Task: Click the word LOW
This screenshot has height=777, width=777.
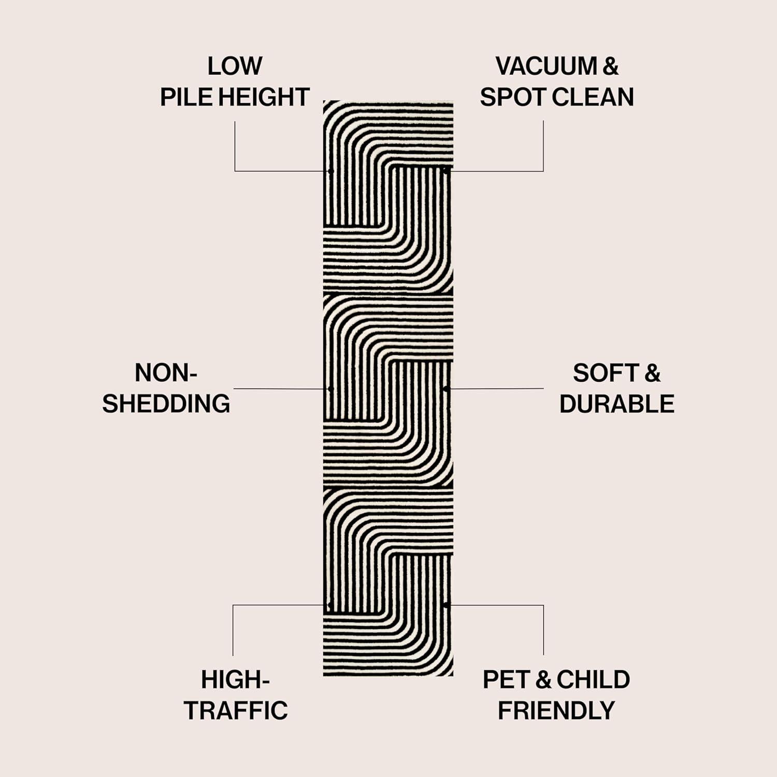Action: pos(235,66)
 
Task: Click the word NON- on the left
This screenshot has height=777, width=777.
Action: pos(166,373)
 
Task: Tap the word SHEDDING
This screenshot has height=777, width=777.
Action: pos(166,404)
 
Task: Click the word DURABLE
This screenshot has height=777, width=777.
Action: pos(616,404)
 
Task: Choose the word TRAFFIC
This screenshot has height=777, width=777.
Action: pos(236,711)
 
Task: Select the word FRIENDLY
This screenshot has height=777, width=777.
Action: pos(556,711)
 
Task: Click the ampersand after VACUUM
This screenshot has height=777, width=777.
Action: pos(611,66)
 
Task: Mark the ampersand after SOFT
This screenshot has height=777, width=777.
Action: pos(653,373)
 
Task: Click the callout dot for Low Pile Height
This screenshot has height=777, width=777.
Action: pos(330,170)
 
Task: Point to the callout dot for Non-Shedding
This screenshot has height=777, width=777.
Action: pos(330,388)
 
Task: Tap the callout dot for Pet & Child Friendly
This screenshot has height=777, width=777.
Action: pos(445,605)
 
